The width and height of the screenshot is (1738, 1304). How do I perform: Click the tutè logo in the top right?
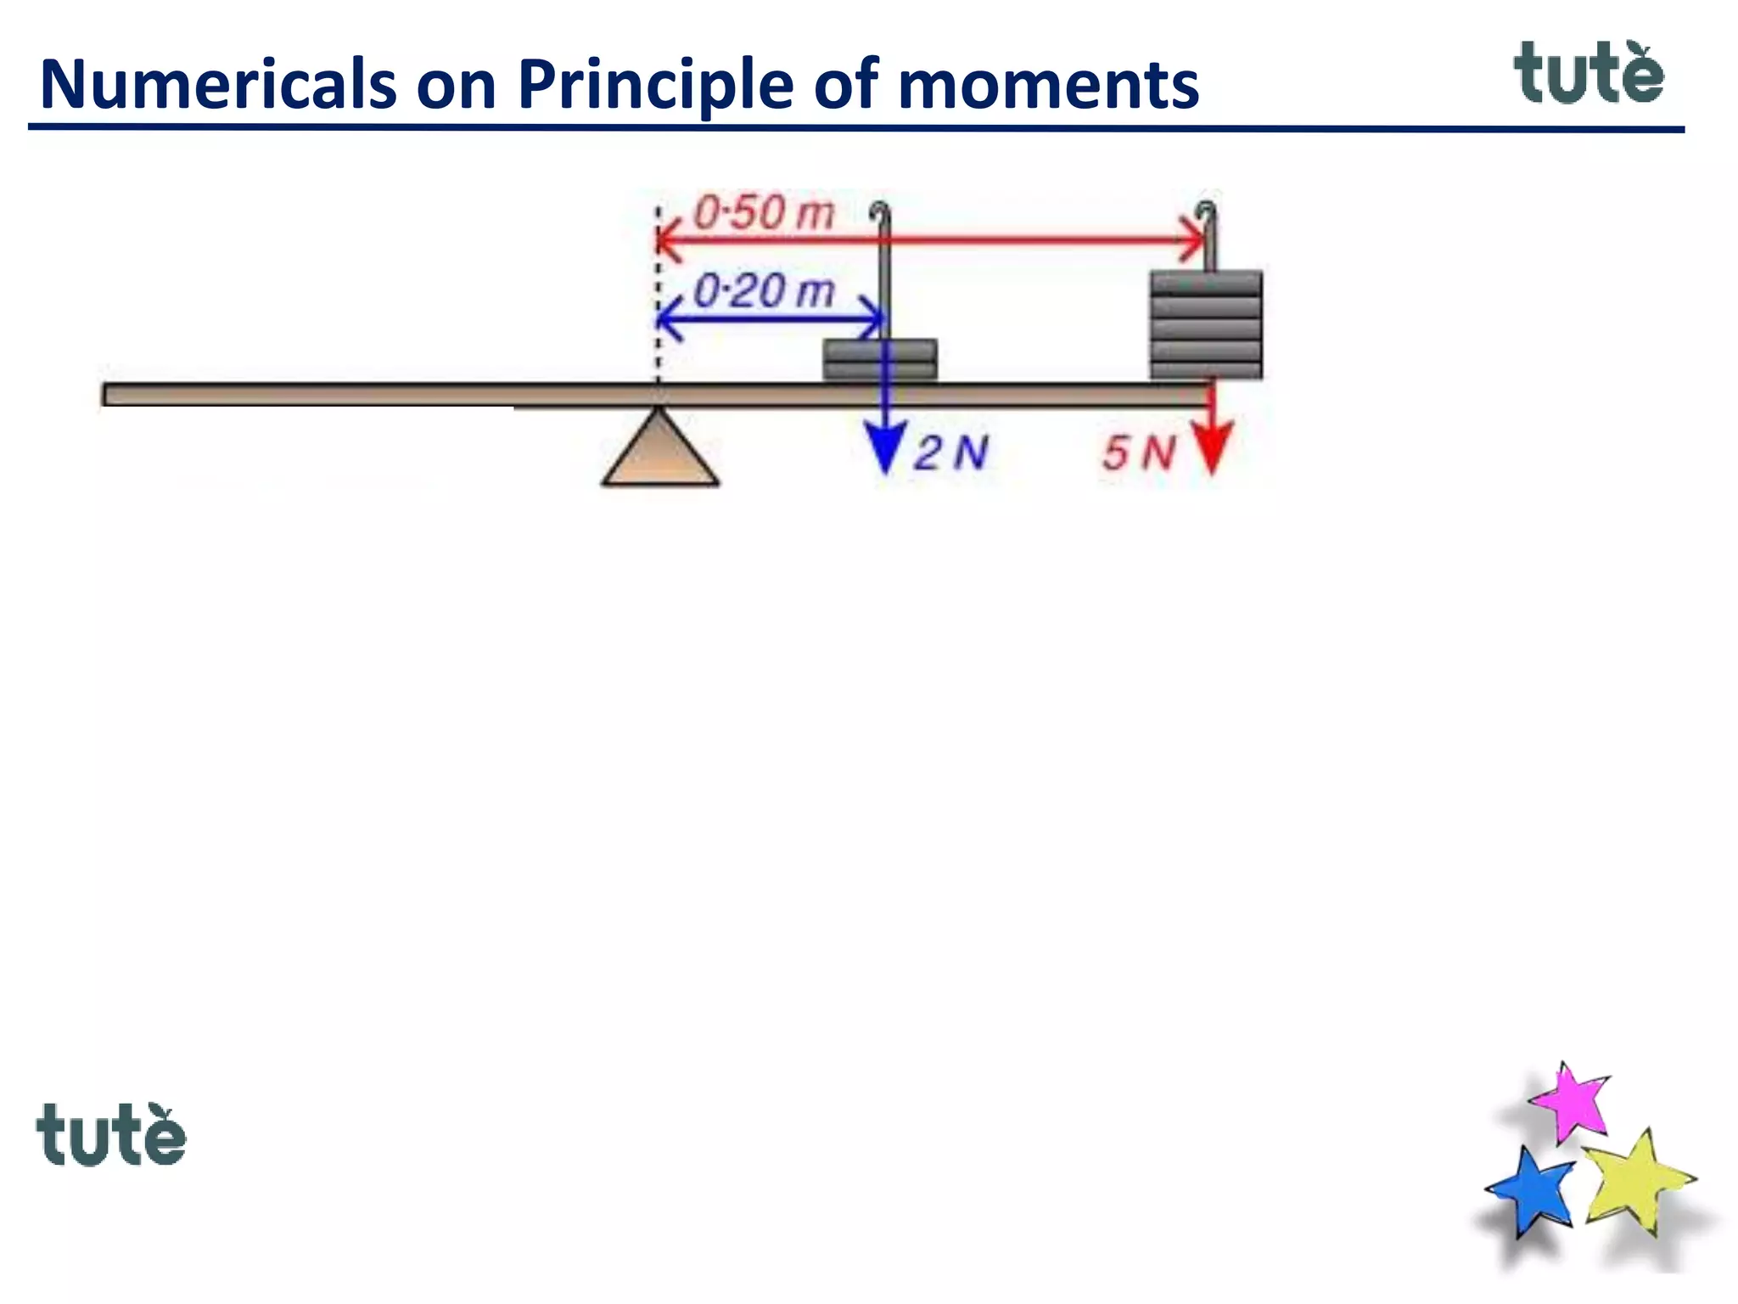point(1589,74)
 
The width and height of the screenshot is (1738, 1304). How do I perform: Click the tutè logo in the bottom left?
point(111,1134)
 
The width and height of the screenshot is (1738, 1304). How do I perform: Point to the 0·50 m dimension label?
point(764,212)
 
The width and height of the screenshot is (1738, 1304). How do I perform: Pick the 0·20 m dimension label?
point(764,291)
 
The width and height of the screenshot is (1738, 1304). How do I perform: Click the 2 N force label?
point(950,452)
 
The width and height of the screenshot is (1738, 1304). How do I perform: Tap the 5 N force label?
point(1139,452)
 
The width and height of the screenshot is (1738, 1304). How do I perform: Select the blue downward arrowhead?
point(885,447)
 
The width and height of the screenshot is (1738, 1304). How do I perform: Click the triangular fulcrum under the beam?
point(660,454)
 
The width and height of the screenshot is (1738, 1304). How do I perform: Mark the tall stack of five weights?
point(1206,324)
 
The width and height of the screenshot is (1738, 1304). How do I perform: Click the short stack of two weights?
point(880,360)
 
